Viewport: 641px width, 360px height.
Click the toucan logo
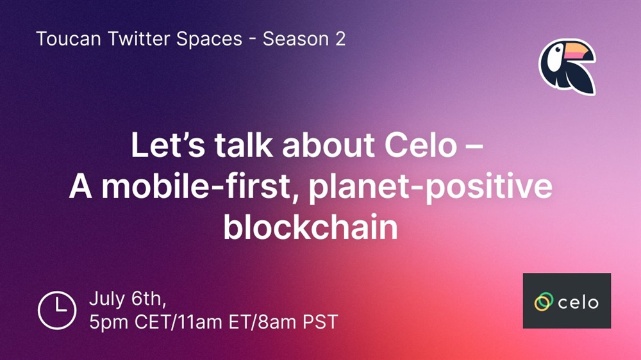(567, 67)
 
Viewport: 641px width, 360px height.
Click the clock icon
(57, 310)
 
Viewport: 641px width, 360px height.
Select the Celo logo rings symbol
(544, 302)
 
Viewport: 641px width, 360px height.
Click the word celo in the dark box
(578, 302)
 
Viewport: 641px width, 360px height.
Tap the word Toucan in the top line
(69, 39)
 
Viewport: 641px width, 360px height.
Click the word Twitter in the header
(139, 39)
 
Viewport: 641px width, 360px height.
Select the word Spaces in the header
(210, 40)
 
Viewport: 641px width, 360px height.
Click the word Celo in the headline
(420, 145)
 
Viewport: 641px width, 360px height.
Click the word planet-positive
(431, 188)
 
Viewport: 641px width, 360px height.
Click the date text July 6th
(128, 299)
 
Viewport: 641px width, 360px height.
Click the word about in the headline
(328, 145)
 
